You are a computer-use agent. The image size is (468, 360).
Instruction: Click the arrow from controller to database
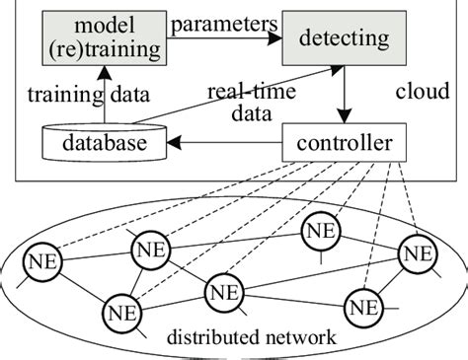218,146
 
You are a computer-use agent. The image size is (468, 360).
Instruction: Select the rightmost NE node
416,255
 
